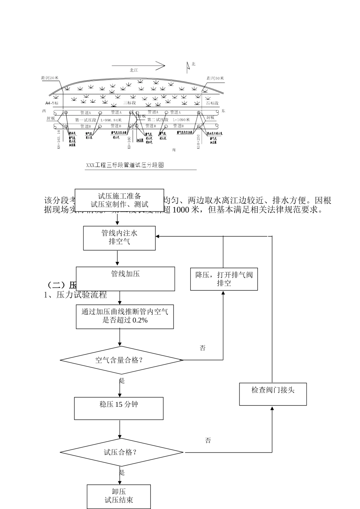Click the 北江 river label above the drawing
tap(134, 70)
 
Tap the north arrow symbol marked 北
tap(188, 67)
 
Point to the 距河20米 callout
tap(50, 78)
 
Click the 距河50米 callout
tap(215, 78)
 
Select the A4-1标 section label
tap(52, 103)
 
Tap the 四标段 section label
tap(212, 103)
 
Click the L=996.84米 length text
tap(111, 120)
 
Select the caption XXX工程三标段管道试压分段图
tap(125, 165)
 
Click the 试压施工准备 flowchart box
tap(119, 200)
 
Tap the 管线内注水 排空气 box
tap(119, 238)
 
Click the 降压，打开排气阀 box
tap(224, 279)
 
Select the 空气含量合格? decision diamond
tap(121, 360)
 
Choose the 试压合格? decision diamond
tap(121, 452)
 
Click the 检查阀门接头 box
tap(273, 394)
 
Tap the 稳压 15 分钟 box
tap(119, 408)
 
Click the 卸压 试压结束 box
tap(119, 496)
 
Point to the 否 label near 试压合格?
tap(208, 440)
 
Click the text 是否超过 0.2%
tap(125, 320)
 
